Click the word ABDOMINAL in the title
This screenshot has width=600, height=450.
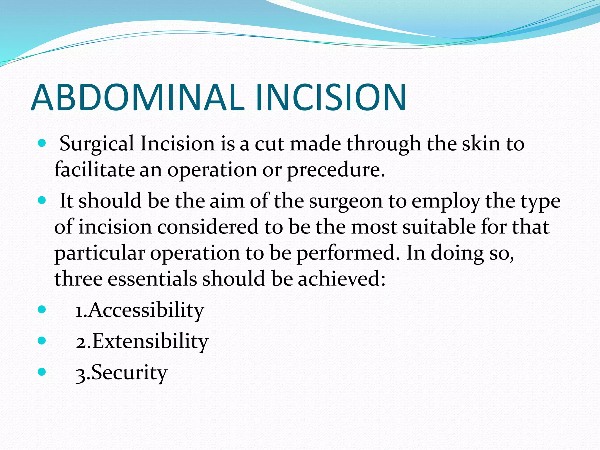point(138,97)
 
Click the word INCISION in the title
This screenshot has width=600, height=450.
point(330,97)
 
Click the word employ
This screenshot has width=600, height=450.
point(446,202)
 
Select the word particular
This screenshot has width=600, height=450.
point(100,253)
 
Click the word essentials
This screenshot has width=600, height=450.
point(152,279)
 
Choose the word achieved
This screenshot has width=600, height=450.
point(342,279)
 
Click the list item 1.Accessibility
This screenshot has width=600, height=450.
point(139,310)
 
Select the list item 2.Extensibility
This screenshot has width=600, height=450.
point(142,342)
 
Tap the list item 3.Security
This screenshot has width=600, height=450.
point(121,373)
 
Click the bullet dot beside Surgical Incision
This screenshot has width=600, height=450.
point(42,143)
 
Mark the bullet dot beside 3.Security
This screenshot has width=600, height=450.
point(42,372)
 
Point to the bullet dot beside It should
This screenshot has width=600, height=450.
point(42,201)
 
